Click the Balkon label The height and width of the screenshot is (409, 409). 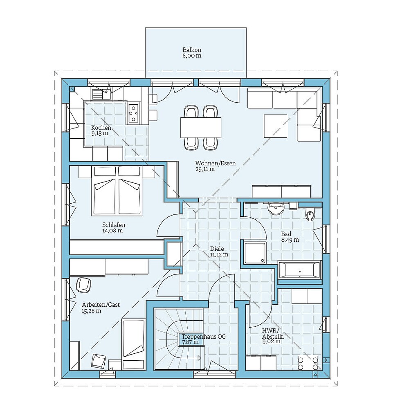pyautogui.click(x=192, y=50)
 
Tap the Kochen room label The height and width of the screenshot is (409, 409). pyautogui.click(x=101, y=128)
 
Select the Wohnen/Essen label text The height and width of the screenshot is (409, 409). pyautogui.click(x=215, y=164)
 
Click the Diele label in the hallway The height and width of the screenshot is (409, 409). pyautogui.click(x=218, y=249)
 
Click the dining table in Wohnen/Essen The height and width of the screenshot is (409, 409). pyautogui.click(x=201, y=128)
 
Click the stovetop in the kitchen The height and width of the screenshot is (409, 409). pyautogui.click(x=133, y=113)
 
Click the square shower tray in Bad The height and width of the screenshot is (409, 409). pyautogui.click(x=255, y=253)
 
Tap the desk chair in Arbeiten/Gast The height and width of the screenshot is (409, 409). pyautogui.click(x=84, y=285)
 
